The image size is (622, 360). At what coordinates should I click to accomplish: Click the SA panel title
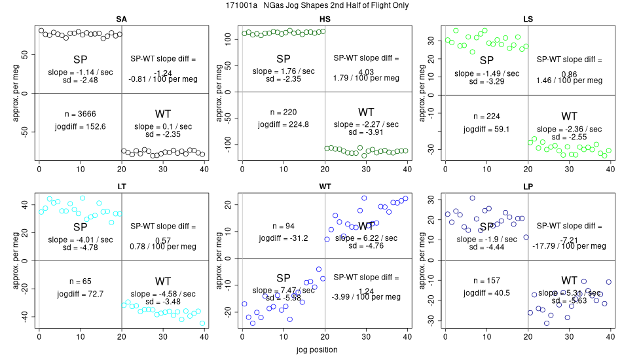click(x=121, y=18)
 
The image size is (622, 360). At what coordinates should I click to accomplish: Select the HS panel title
click(x=325, y=18)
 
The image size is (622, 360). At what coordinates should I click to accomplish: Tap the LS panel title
click(x=528, y=18)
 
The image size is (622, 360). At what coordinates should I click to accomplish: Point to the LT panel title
click(x=121, y=187)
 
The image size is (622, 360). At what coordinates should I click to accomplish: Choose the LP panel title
click(x=528, y=187)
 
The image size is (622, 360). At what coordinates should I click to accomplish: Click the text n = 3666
click(x=80, y=113)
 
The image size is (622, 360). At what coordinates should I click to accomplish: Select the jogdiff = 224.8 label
click(x=284, y=125)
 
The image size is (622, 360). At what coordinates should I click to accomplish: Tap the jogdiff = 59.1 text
click(x=486, y=129)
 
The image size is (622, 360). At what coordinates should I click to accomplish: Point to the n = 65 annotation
click(x=80, y=281)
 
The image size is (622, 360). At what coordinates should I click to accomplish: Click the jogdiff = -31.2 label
click(x=283, y=238)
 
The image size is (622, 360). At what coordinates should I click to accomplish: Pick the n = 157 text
click(x=486, y=281)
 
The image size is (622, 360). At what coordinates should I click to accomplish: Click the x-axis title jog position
click(x=315, y=350)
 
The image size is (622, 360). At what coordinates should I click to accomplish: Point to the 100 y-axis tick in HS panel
click(x=229, y=39)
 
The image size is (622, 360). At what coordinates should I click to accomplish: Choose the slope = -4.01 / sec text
click(x=80, y=240)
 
